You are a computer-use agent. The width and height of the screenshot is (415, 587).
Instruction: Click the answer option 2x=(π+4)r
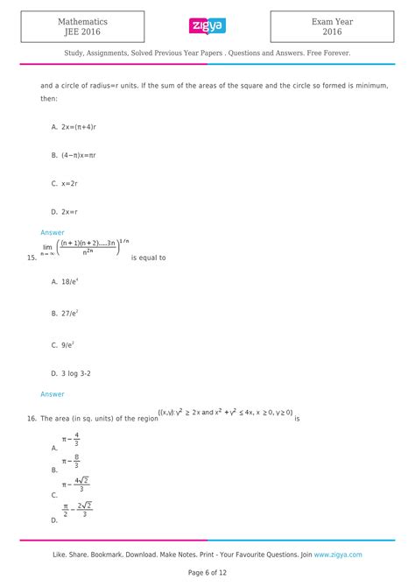81,126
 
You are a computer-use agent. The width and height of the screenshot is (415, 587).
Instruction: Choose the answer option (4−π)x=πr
81,155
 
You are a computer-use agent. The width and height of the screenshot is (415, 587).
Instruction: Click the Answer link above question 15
53,232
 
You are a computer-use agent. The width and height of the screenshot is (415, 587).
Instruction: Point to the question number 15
32,258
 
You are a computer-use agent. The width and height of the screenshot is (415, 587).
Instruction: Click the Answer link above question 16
53,394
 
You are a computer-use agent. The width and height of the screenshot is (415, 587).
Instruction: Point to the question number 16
32,419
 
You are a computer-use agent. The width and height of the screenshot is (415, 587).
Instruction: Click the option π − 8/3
72,461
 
